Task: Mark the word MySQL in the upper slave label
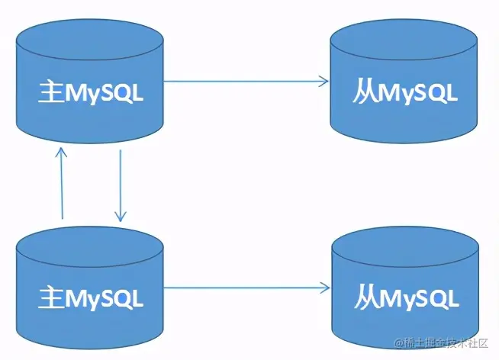420,95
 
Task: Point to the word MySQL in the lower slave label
420,297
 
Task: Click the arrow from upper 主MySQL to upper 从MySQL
244,80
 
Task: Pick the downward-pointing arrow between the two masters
121,183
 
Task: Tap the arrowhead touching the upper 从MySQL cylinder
324,80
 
